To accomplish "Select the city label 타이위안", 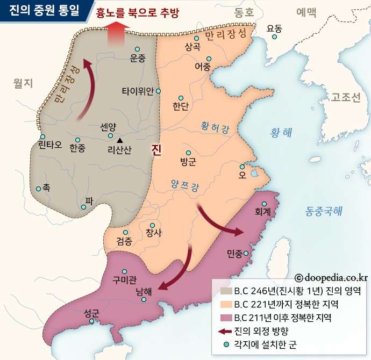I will coord(138,91).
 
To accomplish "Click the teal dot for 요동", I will coord(274,37).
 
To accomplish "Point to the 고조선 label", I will coord(345,97).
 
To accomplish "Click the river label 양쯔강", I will coord(184,185).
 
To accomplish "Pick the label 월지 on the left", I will coord(23,83).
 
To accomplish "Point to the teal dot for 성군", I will coord(92,322).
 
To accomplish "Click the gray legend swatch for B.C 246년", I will coord(225,291).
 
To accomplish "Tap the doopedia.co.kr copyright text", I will coord(331,277).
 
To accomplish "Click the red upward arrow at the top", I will coord(118,35).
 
